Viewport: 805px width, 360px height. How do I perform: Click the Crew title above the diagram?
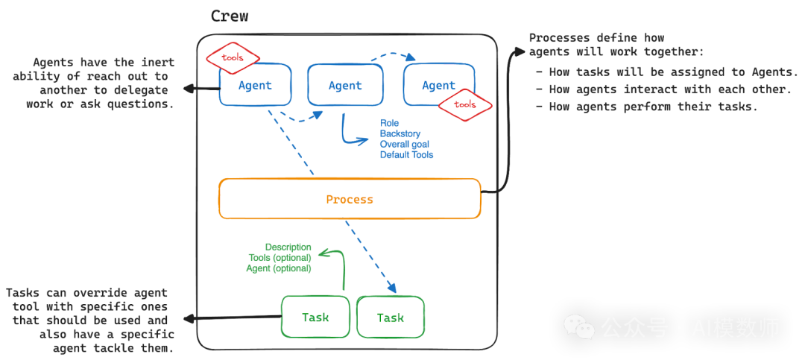230,16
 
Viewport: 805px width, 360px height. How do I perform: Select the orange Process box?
350,199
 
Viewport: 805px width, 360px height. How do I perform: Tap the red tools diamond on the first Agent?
232,57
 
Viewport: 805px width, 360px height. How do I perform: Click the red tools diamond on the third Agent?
465,105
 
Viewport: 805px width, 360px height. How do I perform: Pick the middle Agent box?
345,85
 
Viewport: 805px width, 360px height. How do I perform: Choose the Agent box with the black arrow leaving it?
255,85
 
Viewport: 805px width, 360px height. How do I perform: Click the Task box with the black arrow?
315,317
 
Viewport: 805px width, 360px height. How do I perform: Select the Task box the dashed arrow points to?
390,318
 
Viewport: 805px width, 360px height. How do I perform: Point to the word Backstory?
400,134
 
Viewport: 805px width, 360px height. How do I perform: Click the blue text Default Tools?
407,154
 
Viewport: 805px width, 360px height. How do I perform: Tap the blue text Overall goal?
405,145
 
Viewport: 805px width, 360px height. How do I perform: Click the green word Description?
288,247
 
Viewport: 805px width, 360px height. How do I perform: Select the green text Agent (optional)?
279,268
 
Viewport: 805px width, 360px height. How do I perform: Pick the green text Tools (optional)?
280,258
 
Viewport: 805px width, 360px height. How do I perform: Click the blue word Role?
389,123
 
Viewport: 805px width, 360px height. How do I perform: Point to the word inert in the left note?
159,63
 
